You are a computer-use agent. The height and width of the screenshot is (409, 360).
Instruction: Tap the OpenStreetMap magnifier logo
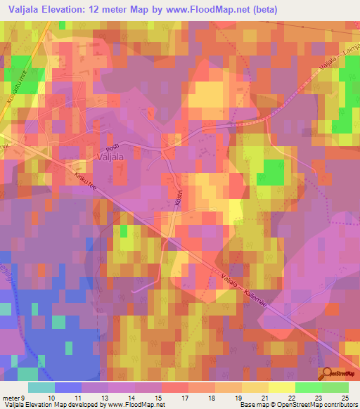click(x=328, y=375)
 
